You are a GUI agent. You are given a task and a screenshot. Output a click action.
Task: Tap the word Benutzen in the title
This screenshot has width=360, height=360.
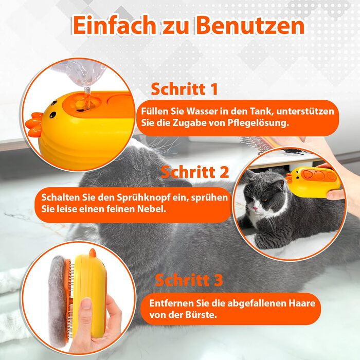pos(250,25)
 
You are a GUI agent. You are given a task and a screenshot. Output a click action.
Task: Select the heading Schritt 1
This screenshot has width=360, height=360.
pos(184,89)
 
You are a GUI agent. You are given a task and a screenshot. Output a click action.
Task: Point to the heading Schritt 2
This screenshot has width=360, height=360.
pos(195,172)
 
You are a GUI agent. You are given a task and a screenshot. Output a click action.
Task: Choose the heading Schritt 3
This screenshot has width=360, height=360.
pos(189,280)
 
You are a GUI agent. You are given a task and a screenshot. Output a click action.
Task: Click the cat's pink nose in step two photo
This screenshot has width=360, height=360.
pos(255,208)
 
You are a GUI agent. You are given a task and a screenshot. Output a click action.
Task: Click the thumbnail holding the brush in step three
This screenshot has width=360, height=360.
pos(86,303)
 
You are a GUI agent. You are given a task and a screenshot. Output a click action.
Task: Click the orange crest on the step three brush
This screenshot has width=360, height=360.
pos(92,253)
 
